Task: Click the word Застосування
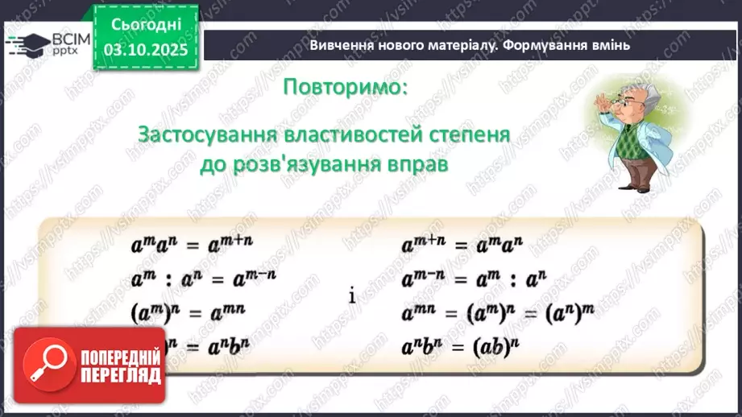coord(204,134)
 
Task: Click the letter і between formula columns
coord(352,295)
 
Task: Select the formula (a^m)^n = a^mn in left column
coord(187,311)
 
